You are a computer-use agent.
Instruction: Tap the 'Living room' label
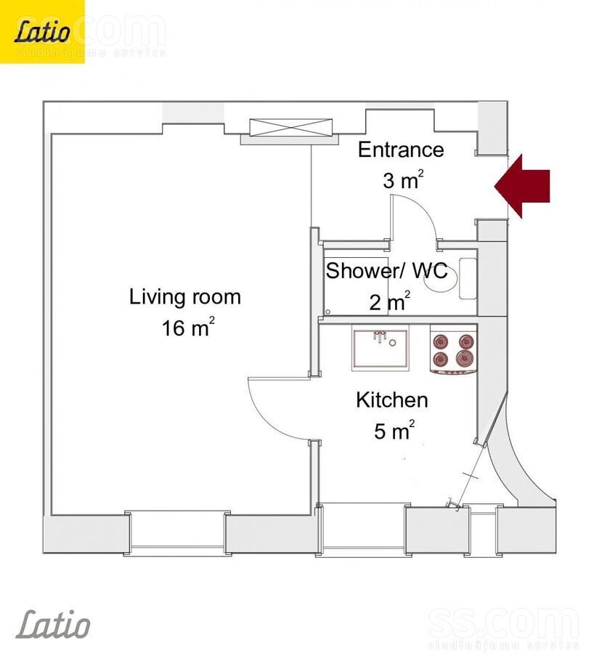click(x=185, y=297)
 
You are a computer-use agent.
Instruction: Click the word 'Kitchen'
click(x=392, y=400)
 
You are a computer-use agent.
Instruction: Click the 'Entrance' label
click(x=401, y=150)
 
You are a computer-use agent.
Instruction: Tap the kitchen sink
click(x=381, y=349)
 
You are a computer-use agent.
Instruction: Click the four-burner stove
click(x=454, y=350)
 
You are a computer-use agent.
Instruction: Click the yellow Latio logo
click(x=42, y=32)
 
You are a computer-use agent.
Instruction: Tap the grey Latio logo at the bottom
click(x=53, y=624)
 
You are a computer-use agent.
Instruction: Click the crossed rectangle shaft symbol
click(x=291, y=127)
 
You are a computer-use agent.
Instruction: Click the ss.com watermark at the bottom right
click(x=504, y=628)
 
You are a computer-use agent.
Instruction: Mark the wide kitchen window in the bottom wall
click(x=362, y=529)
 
